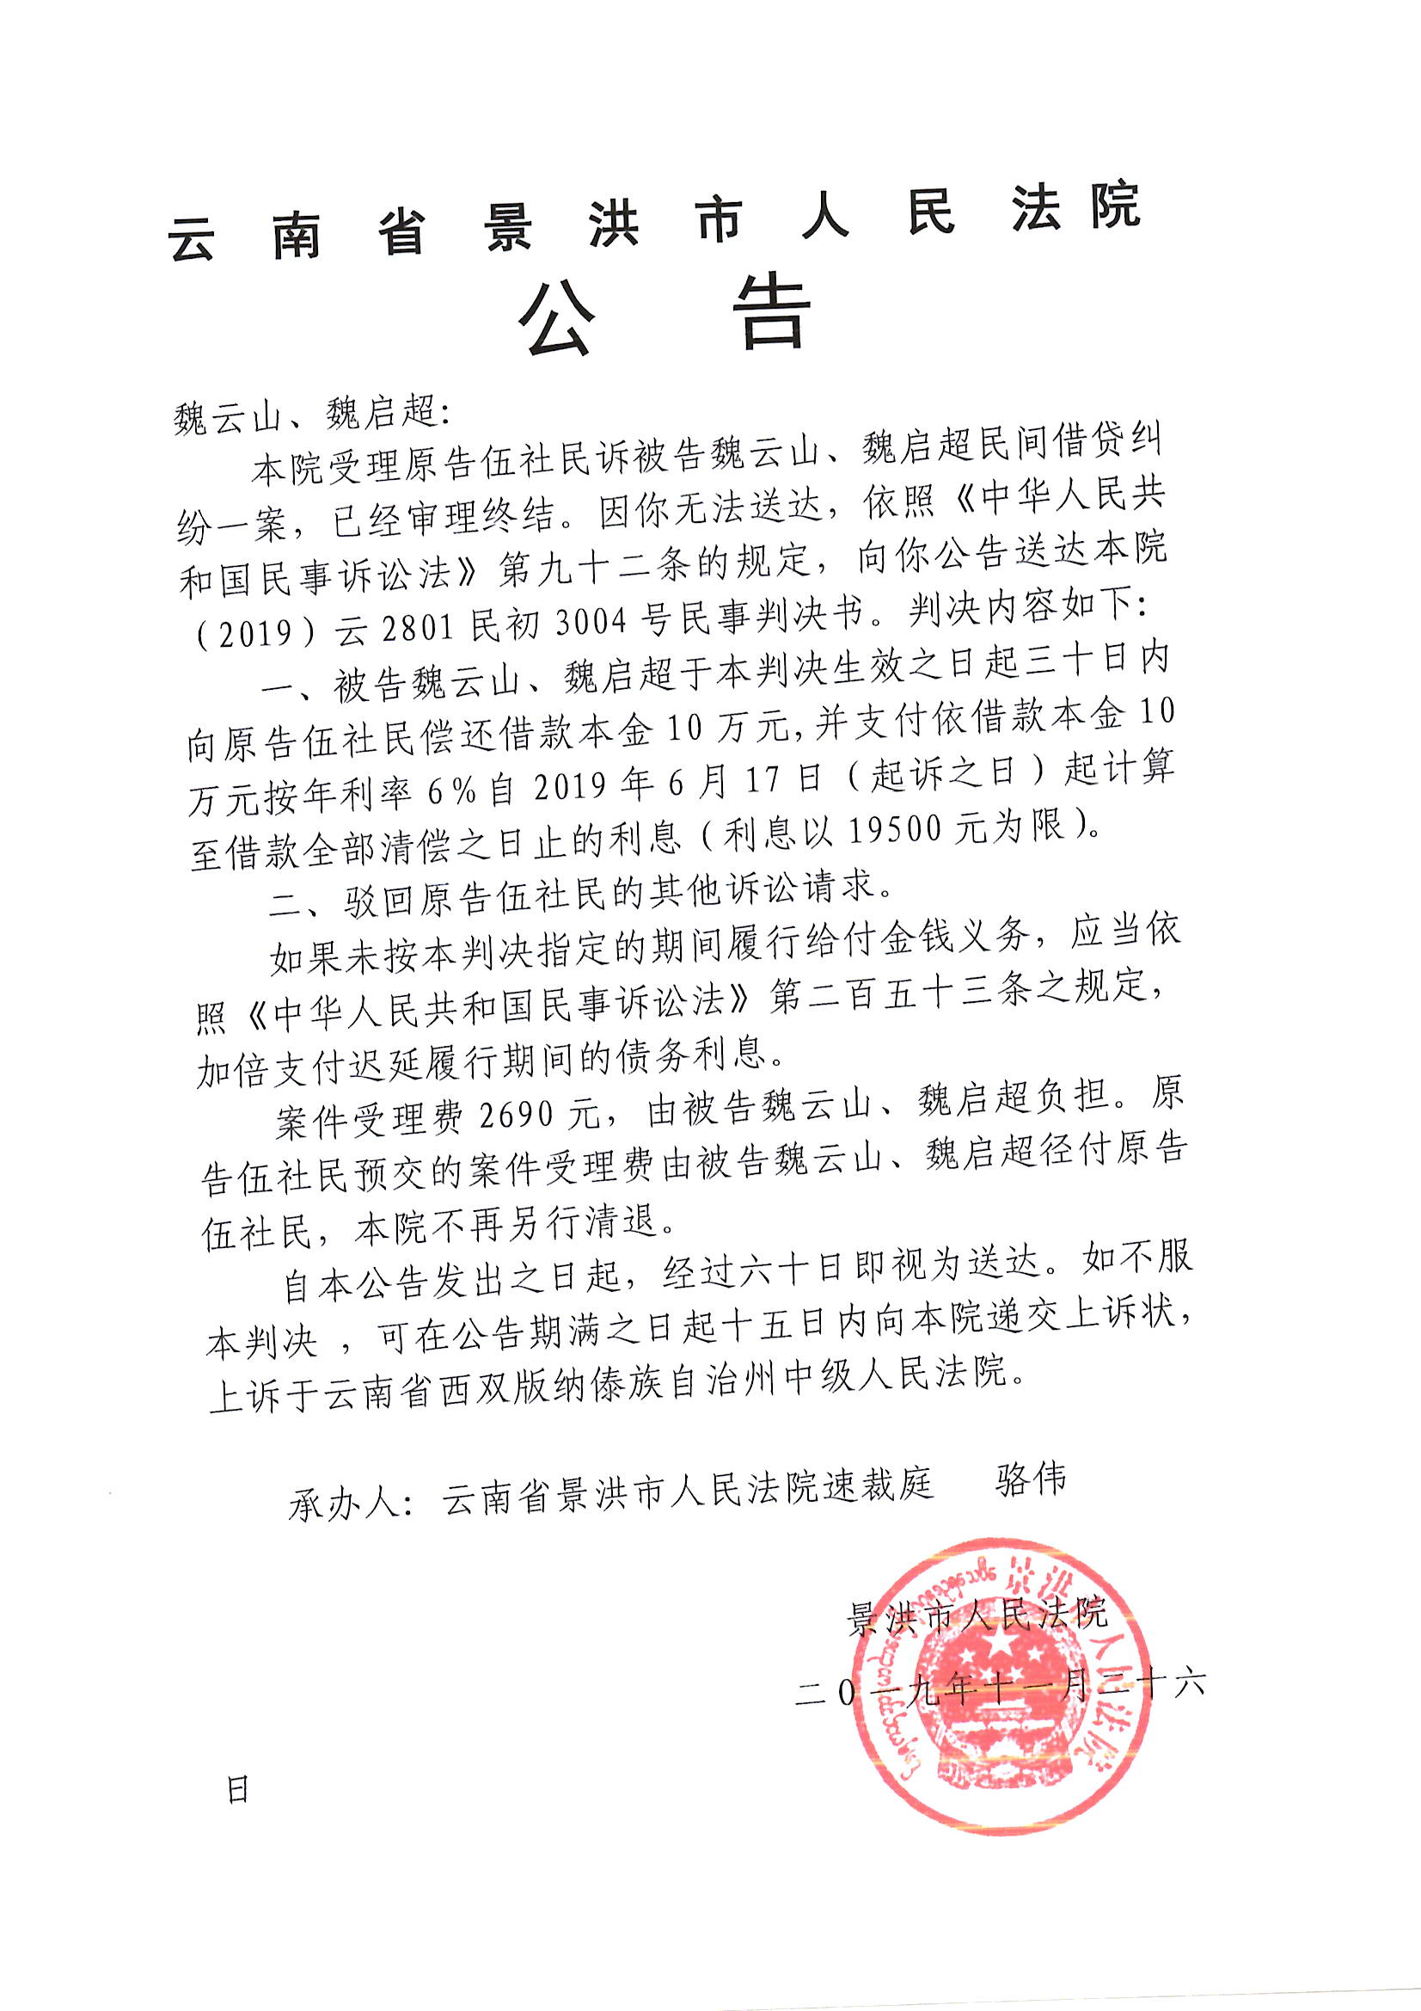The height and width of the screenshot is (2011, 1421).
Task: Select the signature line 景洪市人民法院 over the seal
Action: click(x=976, y=1614)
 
